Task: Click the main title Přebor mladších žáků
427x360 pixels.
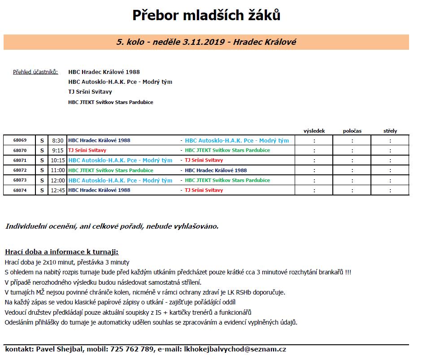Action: click(206, 15)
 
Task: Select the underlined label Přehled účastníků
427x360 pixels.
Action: click(35, 72)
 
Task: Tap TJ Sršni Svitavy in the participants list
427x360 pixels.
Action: click(90, 92)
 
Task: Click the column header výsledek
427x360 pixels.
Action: click(314, 131)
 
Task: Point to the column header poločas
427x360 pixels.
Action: click(352, 131)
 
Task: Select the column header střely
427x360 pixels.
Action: click(390, 131)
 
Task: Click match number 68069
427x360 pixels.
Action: click(20, 140)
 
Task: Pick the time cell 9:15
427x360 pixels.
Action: click(58, 150)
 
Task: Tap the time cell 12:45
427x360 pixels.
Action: click(58, 190)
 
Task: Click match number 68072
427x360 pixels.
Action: click(20, 170)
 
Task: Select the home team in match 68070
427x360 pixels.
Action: click(87, 150)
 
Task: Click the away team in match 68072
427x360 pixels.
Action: click(216, 170)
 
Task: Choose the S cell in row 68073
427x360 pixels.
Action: click(42, 180)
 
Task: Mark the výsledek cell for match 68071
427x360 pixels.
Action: click(314, 160)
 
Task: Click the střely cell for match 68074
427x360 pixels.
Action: click(390, 190)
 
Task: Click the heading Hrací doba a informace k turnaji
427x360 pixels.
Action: click(61, 252)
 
